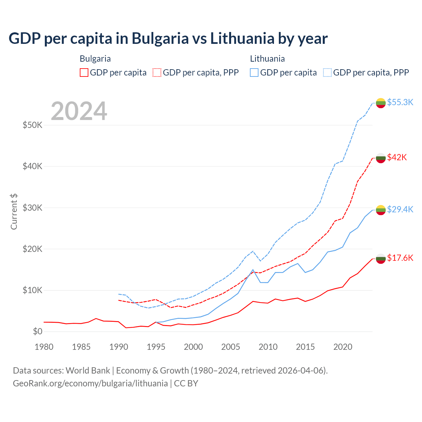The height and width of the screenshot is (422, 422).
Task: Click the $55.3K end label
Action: point(400,102)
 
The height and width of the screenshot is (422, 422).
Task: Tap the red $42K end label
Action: point(397,157)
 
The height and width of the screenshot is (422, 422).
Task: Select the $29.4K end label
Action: point(400,209)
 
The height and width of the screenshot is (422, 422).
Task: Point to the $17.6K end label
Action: point(400,258)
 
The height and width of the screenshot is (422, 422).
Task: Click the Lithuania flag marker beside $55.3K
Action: point(381,103)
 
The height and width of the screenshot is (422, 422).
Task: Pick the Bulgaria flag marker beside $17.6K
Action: point(381,258)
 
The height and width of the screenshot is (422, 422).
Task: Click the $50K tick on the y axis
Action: point(32,125)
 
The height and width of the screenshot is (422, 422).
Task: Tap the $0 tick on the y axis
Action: point(38,331)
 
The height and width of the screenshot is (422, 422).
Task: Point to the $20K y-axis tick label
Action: point(32,249)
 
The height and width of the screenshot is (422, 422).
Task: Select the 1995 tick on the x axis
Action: point(156,347)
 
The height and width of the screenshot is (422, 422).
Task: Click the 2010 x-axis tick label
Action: point(268,347)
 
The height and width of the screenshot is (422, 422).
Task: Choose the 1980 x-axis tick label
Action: point(44,347)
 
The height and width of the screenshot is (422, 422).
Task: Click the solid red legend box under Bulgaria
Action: point(84,73)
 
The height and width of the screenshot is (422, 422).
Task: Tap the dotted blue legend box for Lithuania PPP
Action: point(327,73)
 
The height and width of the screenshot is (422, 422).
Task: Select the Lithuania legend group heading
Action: point(267,59)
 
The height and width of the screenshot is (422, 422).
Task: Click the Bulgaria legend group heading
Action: point(95,59)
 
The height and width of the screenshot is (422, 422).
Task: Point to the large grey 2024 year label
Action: point(79,111)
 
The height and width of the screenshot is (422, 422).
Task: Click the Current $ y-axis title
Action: point(14,211)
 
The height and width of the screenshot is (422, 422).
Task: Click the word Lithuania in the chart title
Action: point(242,38)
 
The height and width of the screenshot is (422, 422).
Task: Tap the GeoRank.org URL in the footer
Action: point(90,383)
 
